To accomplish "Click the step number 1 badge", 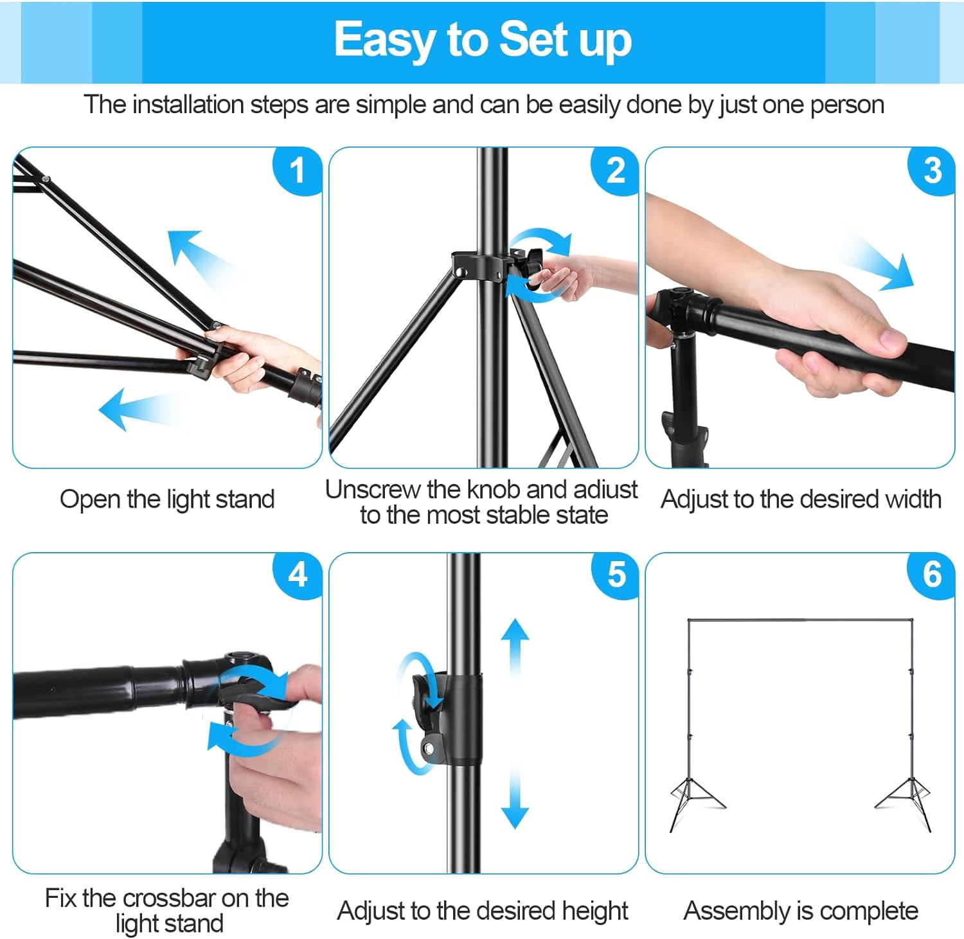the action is click(x=297, y=170).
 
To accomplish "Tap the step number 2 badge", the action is click(x=615, y=170).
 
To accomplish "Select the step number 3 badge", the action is click(x=932, y=170).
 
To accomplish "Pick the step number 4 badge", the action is click(x=297, y=575).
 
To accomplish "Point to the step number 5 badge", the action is click(x=615, y=575).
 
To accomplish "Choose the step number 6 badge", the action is click(x=932, y=575).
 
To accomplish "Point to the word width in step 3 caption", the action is click(x=914, y=499).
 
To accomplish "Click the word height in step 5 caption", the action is click(x=595, y=911).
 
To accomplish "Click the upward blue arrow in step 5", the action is click(x=515, y=648).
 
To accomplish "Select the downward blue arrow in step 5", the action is click(x=515, y=798).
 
